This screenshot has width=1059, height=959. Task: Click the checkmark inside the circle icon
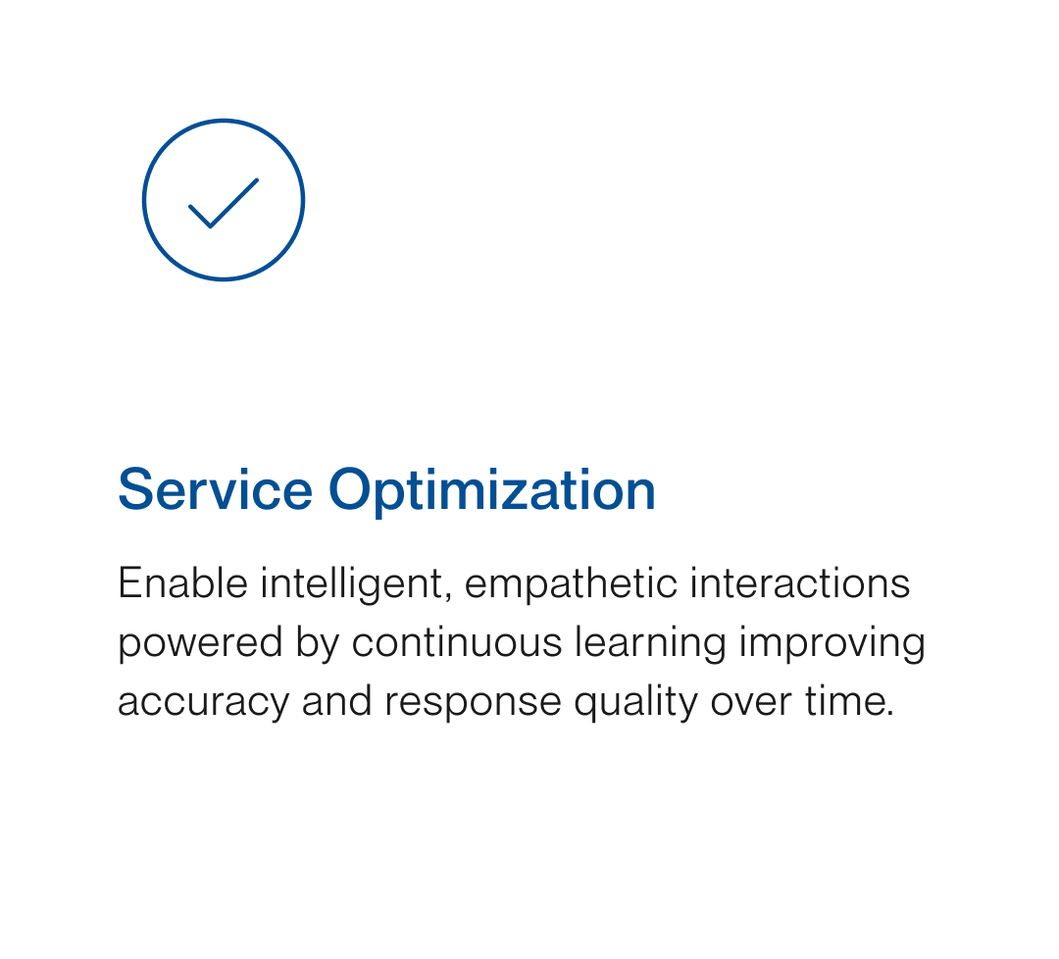tap(223, 203)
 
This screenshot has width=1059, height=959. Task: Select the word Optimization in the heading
tap(491, 489)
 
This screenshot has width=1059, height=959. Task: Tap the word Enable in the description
tap(182, 584)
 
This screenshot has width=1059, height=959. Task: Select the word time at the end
tap(839, 702)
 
